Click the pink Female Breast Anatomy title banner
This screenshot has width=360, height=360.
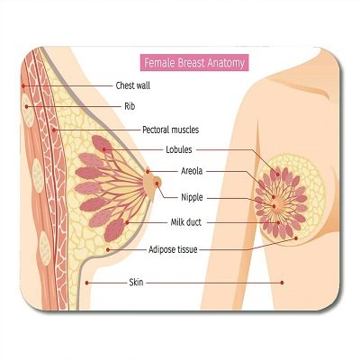(194, 63)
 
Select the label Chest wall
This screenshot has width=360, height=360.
(133, 85)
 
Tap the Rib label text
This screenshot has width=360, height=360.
(130, 106)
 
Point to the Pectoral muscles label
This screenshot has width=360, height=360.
(170, 130)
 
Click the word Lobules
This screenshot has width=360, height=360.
(179, 149)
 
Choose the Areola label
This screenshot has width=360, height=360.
(192, 171)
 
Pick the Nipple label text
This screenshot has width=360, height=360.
(192, 197)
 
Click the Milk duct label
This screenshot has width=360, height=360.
(186, 222)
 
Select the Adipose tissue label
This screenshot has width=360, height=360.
(173, 249)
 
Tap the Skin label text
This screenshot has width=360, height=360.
(136, 283)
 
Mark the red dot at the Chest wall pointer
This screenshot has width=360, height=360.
(23, 85)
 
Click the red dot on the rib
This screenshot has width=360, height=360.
(27, 106)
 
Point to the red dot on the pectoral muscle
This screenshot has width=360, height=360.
(54, 130)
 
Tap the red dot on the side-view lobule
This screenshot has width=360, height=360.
(104, 149)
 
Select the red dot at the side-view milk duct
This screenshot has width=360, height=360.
(128, 222)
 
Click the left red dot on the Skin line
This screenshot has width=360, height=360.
(86, 283)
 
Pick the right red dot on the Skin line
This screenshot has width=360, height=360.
(282, 283)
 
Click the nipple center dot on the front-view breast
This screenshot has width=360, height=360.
(274, 206)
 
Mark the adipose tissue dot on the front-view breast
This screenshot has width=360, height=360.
(296, 238)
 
